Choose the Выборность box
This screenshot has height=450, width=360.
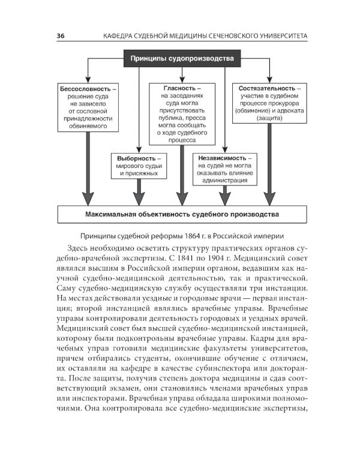(138, 165)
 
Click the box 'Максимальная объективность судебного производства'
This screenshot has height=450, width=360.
(181, 214)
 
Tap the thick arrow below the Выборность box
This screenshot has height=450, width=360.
(139, 191)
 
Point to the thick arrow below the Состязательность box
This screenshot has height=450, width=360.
(269, 165)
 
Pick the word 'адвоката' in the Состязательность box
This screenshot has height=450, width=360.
(288, 111)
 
